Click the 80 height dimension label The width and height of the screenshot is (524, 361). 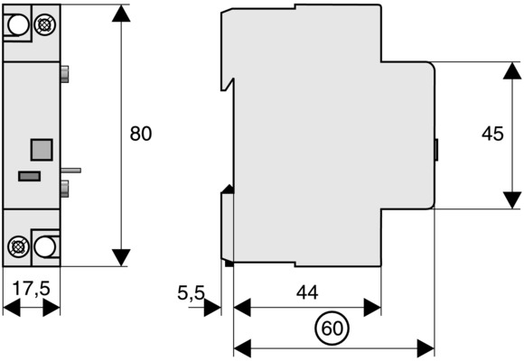141,134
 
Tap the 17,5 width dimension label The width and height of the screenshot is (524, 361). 31,288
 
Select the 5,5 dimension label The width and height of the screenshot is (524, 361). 191,293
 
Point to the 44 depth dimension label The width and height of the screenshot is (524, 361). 307,292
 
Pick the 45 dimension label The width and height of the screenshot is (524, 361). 492,134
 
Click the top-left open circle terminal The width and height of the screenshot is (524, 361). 18,24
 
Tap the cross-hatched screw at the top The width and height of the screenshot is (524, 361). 44,24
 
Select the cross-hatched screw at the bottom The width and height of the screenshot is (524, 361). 18,246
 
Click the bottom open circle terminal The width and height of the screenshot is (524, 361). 45,246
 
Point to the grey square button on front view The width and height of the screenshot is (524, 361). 42,150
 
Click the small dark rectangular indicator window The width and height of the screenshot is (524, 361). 30,176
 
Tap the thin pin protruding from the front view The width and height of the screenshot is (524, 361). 70,171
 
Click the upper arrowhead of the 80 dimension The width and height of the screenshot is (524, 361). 121,13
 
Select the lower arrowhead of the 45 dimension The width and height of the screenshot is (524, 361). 512,200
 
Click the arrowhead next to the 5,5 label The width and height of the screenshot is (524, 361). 212,308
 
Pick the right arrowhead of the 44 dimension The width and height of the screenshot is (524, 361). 372,308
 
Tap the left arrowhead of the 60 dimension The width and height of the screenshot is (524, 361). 242,348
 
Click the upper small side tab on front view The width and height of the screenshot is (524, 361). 65,74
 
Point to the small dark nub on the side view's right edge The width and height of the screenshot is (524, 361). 436,150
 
